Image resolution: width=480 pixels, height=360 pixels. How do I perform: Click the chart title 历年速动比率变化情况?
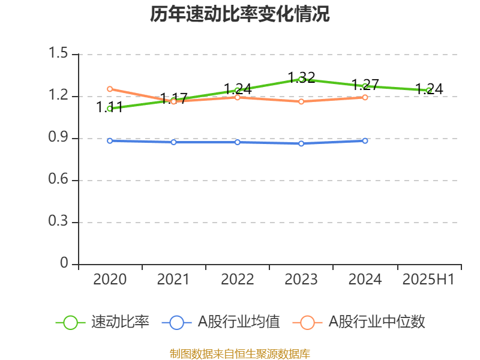(x=240, y=14)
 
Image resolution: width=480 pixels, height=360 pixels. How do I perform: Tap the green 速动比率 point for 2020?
(x=110, y=109)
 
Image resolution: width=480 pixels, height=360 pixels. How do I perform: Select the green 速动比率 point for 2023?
(x=301, y=79)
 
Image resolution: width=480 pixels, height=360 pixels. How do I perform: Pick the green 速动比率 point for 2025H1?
(x=428, y=91)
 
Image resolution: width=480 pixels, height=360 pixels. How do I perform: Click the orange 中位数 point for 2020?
(x=110, y=89)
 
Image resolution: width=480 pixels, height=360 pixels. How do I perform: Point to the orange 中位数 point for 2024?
(x=365, y=97)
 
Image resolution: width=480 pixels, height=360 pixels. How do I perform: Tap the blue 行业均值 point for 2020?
(x=110, y=141)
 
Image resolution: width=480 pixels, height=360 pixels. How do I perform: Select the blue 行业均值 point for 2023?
(x=301, y=143)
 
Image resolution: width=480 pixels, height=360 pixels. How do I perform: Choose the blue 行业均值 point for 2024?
(x=365, y=141)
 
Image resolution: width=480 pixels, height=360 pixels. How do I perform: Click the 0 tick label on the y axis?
(x=65, y=265)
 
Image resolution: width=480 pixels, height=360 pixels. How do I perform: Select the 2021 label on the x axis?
(x=173, y=280)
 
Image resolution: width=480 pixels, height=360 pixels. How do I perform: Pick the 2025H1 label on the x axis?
(x=428, y=280)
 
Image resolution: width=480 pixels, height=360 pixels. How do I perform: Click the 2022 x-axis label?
(x=238, y=280)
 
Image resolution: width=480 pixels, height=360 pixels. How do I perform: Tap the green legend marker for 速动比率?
(x=70, y=322)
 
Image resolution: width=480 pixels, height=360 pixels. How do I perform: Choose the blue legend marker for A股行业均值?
(x=176, y=322)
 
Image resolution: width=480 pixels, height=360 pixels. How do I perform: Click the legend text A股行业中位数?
(x=377, y=322)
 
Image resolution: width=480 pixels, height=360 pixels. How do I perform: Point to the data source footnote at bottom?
(x=240, y=353)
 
